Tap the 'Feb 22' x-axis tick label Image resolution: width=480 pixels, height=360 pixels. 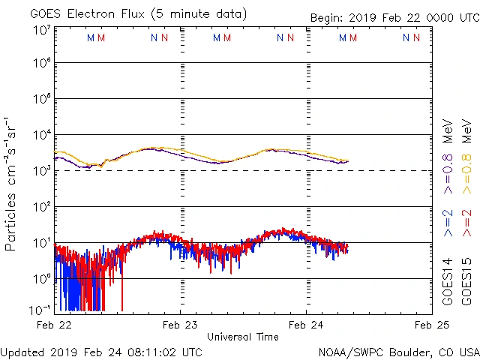[x=54, y=325]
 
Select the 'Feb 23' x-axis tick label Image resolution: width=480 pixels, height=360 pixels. [x=180, y=325]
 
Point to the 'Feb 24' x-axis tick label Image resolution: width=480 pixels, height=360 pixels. [x=306, y=325]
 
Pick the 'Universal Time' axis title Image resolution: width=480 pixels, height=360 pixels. [x=243, y=337]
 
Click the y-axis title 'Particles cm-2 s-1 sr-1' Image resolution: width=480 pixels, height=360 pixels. [x=11, y=184]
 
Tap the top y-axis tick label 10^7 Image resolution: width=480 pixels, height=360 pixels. [x=41, y=30]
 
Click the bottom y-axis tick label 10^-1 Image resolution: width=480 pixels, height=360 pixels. [x=40, y=310]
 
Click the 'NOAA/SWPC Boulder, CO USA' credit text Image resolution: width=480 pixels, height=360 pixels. [x=398, y=352]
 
